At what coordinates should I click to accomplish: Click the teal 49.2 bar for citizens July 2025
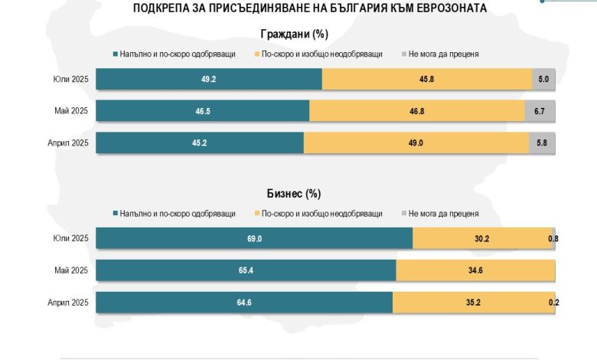(x=208, y=79)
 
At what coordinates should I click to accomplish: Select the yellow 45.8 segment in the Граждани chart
(x=427, y=79)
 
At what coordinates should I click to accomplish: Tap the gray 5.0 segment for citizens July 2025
(x=543, y=79)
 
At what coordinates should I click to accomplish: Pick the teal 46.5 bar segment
(x=202, y=111)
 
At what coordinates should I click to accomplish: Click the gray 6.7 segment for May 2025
(x=540, y=111)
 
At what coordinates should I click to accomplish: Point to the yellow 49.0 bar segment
(x=416, y=143)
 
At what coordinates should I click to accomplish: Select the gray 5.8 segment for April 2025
(x=542, y=143)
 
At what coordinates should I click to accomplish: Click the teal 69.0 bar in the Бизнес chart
(x=254, y=239)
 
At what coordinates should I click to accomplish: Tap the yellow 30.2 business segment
(x=481, y=239)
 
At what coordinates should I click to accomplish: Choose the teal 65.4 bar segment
(x=246, y=270)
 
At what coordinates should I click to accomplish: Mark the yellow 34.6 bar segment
(x=475, y=270)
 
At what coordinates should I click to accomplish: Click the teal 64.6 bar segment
(x=244, y=303)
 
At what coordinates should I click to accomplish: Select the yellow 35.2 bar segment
(x=473, y=303)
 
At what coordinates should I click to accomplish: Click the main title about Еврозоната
(x=298, y=8)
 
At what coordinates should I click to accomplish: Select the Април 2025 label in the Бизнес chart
(x=68, y=303)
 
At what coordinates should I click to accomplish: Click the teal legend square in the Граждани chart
(x=115, y=54)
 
